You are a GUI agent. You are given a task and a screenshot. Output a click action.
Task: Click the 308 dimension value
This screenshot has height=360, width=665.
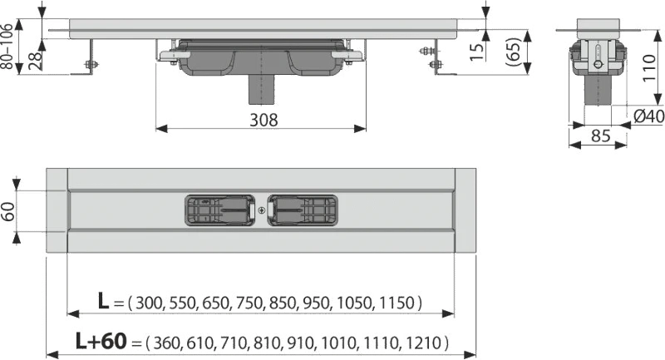coord(264,120)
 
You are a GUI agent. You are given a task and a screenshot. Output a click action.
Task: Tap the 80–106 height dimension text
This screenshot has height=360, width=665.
coord(7,47)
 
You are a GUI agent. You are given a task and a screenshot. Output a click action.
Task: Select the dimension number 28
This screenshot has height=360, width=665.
coord(36,60)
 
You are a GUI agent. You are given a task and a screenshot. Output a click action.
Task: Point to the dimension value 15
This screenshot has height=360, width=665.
coord(477,51)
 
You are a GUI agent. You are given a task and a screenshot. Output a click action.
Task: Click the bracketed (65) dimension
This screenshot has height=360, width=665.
coord(512,52)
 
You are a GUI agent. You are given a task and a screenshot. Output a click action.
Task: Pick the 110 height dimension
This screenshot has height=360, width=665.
coord(648,69)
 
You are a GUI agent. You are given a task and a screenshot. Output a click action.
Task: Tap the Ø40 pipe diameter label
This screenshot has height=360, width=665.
coord(649,116)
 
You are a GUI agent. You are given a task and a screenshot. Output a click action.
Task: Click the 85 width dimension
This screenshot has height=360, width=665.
coord(600,136)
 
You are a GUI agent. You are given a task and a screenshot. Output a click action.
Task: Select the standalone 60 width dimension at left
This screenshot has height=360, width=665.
coord(8,211)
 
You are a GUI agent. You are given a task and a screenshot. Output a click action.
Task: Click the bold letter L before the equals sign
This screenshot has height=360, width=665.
coord(103,301)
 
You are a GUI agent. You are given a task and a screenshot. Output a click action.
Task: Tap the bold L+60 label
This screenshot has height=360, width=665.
coord(101,341)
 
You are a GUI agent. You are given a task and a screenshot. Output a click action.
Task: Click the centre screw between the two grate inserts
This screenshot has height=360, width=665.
coord(261,210)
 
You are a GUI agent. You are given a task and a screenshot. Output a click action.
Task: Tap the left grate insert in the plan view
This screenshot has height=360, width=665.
coord(219,210)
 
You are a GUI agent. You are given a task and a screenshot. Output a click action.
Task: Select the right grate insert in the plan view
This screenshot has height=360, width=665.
coord(303,210)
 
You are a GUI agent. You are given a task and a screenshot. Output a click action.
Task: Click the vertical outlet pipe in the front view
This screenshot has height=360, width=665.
coord(262,91)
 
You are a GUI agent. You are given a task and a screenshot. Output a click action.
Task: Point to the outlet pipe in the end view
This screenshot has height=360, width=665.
coord(598,91)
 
